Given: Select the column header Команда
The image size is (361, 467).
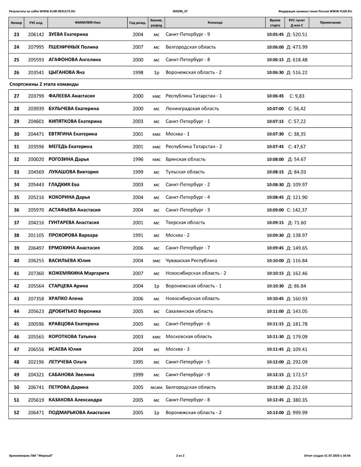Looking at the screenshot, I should coord(215,23).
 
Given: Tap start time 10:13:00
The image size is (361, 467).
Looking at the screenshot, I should coord(275,413).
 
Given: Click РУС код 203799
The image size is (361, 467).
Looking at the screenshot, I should coord(36,96).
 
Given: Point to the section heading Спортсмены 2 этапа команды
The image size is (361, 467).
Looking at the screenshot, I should coord(44,84).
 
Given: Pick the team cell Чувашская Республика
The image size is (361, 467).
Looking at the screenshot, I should coord(191,260).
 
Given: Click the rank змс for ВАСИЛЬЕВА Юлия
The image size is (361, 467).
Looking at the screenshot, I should coord(156,261).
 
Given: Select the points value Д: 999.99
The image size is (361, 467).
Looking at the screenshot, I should coord(297,413).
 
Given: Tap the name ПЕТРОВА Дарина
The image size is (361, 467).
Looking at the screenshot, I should coord(68,387).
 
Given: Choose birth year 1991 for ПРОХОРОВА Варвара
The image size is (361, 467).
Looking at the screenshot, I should coord(138,235).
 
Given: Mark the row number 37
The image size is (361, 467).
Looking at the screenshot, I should coord(16,223).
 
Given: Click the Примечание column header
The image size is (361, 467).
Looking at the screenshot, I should coord(330,23).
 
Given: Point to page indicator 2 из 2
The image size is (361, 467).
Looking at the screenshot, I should coord(180,456).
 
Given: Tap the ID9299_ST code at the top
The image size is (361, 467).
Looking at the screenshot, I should coord(180,11).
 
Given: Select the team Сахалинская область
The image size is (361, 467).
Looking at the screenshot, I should coord(189,311).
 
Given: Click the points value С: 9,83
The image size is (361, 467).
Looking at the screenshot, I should coord(297,96).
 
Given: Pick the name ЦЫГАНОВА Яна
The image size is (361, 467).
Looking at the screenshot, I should coord(66,72).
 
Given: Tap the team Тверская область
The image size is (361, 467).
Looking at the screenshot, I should coord(185,223).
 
